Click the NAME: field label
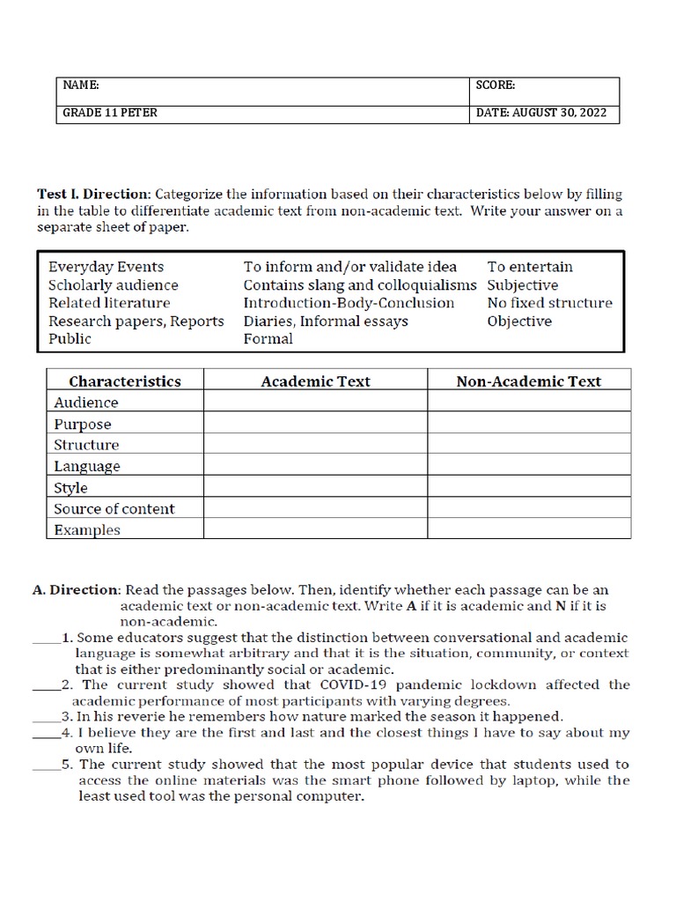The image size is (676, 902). click(x=81, y=85)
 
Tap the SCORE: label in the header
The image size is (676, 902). click(x=496, y=85)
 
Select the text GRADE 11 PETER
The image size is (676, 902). click(x=110, y=113)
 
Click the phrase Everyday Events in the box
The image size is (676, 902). click(x=107, y=267)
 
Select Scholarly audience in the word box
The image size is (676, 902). click(x=114, y=285)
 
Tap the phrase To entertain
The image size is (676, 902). click(x=530, y=267)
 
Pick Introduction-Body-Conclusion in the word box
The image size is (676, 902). click(x=349, y=303)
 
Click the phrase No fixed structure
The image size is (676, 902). click(x=549, y=303)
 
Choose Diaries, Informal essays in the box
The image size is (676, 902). click(x=326, y=322)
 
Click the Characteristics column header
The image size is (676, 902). click(x=125, y=381)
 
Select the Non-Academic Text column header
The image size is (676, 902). click(x=528, y=381)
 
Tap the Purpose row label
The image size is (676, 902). click(x=83, y=425)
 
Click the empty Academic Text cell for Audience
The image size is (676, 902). click(x=315, y=403)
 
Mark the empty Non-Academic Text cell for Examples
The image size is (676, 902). click(x=528, y=530)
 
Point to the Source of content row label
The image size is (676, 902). click(x=114, y=509)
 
